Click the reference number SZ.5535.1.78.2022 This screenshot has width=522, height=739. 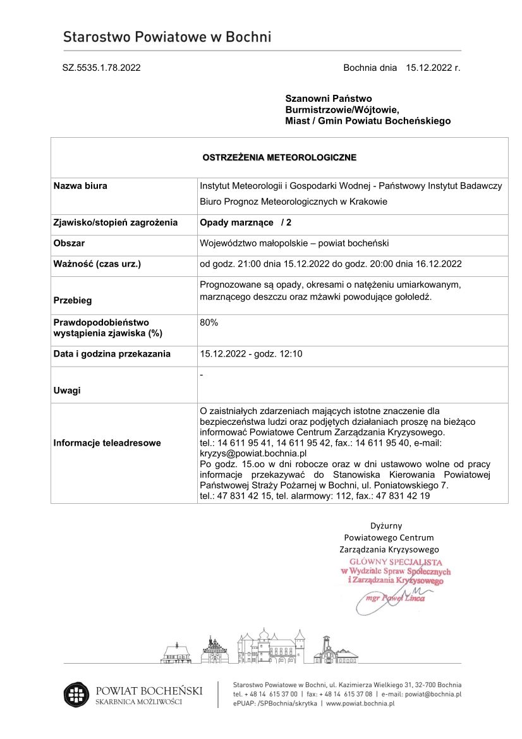(x=101, y=68)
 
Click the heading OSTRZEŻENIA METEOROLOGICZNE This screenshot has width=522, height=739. (x=279, y=157)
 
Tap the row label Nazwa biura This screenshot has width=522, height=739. (x=80, y=186)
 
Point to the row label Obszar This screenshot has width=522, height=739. (x=70, y=243)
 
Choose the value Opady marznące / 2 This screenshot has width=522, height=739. (x=246, y=223)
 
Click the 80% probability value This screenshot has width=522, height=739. (x=209, y=322)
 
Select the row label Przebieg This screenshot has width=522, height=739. (x=73, y=301)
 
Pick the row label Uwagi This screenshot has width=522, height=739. (x=67, y=391)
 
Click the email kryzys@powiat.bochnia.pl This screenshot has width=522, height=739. (x=253, y=453)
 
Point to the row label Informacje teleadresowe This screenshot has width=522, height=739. (x=107, y=443)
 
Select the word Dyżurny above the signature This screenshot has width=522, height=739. (x=386, y=525)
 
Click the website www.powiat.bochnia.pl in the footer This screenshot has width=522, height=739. (x=360, y=703)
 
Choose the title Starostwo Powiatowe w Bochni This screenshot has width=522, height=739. (x=167, y=37)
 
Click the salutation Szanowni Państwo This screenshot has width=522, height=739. (x=329, y=99)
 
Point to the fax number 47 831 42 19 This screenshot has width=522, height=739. (x=404, y=496)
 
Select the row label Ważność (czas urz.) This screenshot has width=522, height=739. (x=97, y=264)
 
